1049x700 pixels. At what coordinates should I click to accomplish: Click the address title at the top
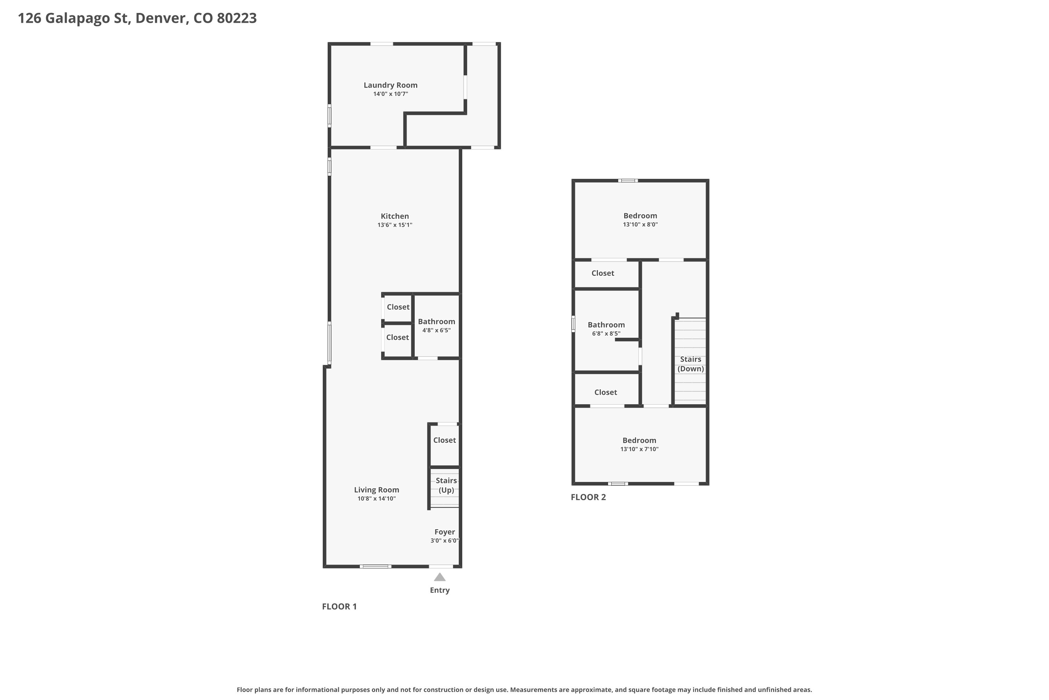coord(137,18)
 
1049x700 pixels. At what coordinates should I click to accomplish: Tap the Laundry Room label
coord(390,85)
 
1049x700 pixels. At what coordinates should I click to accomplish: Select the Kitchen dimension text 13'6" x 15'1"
coord(395,225)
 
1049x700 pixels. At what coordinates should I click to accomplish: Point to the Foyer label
coord(445,532)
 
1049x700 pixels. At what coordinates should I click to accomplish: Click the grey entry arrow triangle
coord(440,577)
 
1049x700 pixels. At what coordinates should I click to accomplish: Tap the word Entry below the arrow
coord(440,590)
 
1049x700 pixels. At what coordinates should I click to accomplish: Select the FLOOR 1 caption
coord(340,606)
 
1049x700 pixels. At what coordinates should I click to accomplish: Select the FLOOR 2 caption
coord(588,497)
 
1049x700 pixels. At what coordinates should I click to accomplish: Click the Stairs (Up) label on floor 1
coord(446,485)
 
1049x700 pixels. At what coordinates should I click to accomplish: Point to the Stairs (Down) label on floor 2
coord(690,364)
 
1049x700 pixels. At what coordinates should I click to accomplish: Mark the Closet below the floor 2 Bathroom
coord(606,392)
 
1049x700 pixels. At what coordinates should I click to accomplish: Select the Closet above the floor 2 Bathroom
coord(602,273)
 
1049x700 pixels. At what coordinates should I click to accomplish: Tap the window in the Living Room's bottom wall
coord(376,567)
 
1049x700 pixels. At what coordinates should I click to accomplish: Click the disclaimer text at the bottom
coord(524,690)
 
